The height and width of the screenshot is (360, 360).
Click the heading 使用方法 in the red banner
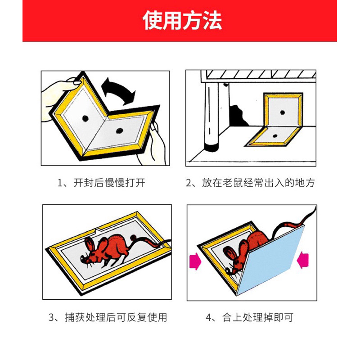click(182, 20)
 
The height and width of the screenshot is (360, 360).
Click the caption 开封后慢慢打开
click(109, 183)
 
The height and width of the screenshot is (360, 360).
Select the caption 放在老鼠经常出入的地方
click(258, 183)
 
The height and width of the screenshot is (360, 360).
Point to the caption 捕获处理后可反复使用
click(116, 317)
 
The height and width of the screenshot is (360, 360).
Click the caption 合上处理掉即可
click(258, 317)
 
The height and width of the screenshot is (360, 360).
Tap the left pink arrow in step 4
click(195, 261)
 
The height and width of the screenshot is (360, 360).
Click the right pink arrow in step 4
click(303, 260)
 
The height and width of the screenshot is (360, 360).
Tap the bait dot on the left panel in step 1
click(85, 118)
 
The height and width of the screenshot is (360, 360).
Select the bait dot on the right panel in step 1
click(119, 131)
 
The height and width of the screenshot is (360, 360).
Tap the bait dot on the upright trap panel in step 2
click(283, 112)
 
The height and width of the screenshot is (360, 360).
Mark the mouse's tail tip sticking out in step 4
click(315, 207)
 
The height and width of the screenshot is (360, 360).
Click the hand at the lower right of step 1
click(153, 144)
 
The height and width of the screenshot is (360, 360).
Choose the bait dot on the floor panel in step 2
click(275, 136)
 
